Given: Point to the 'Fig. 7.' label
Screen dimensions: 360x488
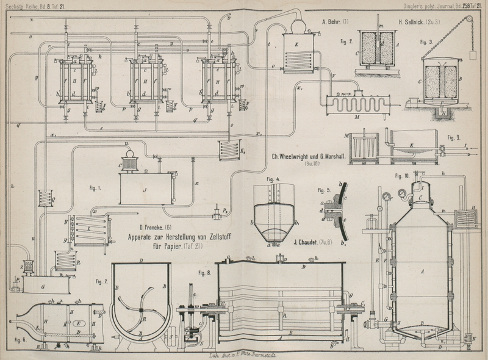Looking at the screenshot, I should click(x=102, y=282).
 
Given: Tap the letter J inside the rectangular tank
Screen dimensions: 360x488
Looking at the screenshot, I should click(x=145, y=190).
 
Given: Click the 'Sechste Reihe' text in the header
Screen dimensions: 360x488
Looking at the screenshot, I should click(x=21, y=5).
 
